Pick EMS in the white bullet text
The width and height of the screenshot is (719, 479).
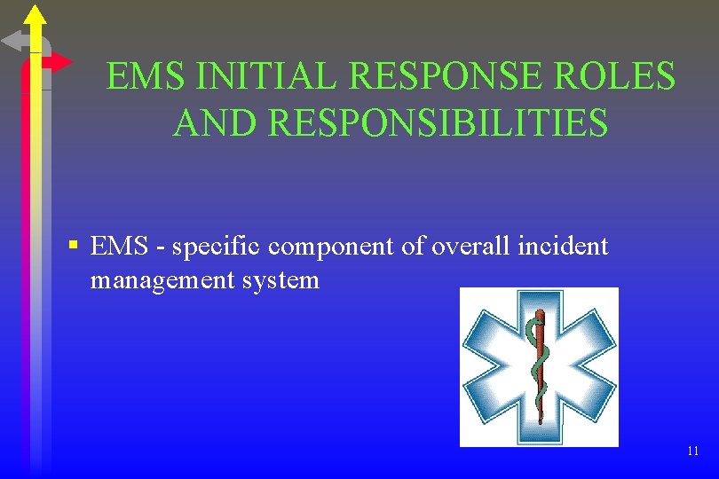[121, 247]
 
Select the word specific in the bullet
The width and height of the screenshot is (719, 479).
[213, 247]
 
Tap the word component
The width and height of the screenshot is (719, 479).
[328, 247]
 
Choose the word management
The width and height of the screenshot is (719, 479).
[160, 281]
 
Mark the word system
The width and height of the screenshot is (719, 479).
[278, 281]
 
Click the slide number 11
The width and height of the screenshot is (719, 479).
[692, 452]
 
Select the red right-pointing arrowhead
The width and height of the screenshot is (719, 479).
[60, 62]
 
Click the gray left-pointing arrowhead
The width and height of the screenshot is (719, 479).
[12, 41]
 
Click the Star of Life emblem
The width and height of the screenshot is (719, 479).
[538, 367]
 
